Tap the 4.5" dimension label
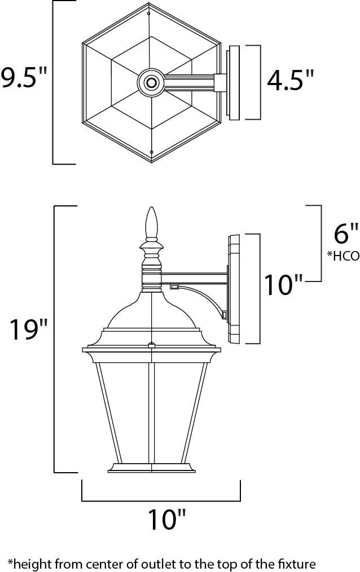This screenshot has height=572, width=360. pyautogui.click(x=290, y=81)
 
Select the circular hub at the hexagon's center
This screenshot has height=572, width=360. pyautogui.click(x=151, y=83)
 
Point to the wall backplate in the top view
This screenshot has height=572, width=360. pyautogui.click(x=233, y=83)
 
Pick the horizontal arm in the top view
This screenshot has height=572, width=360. pyautogui.click(x=189, y=83)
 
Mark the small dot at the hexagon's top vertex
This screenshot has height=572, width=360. pyautogui.click(x=148, y=12)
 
